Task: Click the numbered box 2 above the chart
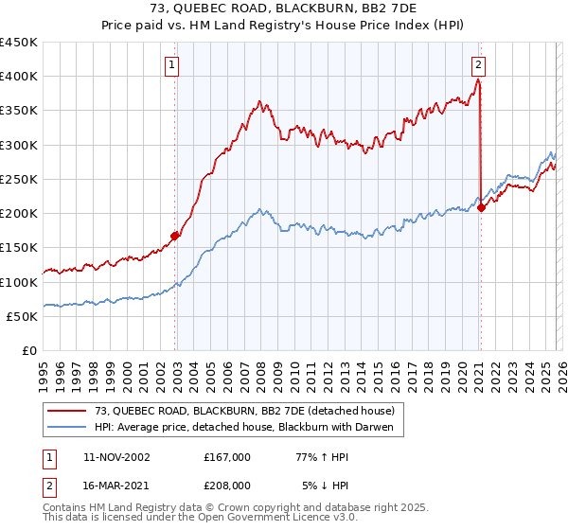[x=479, y=65]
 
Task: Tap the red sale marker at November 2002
[x=175, y=236]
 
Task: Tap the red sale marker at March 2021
[x=481, y=207]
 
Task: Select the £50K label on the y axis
[x=23, y=316]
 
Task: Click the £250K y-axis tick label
[x=19, y=179]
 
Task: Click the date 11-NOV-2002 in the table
[x=116, y=456]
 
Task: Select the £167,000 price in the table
[x=226, y=456]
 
